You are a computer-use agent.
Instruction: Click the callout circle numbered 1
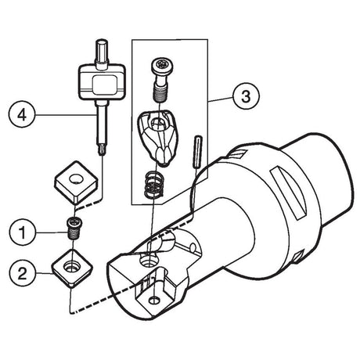(x=23, y=232)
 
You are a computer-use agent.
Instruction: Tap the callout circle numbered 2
(x=23, y=274)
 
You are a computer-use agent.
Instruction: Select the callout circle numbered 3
(x=246, y=96)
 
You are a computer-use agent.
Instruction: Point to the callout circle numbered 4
(x=22, y=115)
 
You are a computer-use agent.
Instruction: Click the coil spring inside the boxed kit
(x=153, y=185)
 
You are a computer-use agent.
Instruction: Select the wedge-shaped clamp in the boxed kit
(x=157, y=137)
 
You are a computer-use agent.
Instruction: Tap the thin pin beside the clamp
(x=197, y=152)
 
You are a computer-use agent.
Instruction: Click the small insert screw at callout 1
(x=74, y=228)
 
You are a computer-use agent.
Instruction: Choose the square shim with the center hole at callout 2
(x=72, y=268)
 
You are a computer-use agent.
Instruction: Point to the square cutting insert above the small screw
(x=76, y=182)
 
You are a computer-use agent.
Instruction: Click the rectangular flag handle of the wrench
(x=103, y=82)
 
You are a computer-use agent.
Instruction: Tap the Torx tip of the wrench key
(x=101, y=151)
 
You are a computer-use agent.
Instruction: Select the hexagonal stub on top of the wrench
(x=102, y=54)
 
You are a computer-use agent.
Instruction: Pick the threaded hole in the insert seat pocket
(x=155, y=301)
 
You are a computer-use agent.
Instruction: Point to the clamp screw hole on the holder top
(x=149, y=260)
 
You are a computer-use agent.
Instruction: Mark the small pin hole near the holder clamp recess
(x=193, y=247)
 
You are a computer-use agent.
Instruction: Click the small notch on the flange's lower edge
(x=297, y=257)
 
